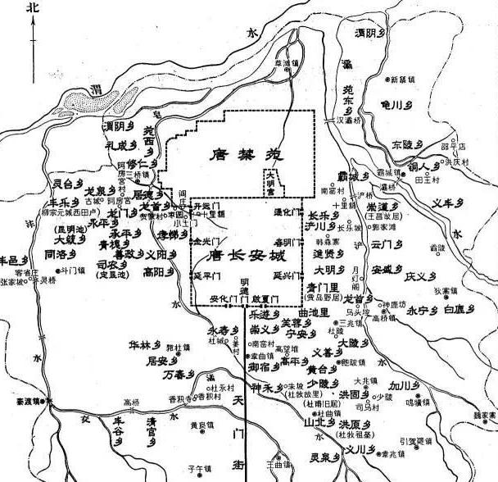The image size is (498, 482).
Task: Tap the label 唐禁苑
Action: (241, 153)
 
